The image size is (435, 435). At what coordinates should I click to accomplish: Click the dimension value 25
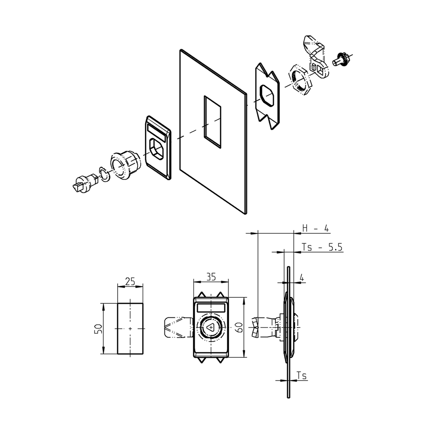130,281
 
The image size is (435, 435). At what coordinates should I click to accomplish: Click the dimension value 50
97,328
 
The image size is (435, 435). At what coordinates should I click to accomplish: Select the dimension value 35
211,277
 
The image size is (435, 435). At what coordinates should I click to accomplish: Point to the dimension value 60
239,328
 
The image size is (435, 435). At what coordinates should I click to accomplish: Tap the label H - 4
315,228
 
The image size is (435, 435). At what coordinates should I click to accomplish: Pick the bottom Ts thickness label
302,376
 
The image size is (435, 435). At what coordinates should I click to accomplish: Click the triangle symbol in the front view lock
211,328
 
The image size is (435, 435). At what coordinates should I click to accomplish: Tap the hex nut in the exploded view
301,79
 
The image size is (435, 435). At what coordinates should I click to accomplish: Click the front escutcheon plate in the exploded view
158,147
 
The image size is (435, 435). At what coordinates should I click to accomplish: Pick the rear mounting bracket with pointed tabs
267,96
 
